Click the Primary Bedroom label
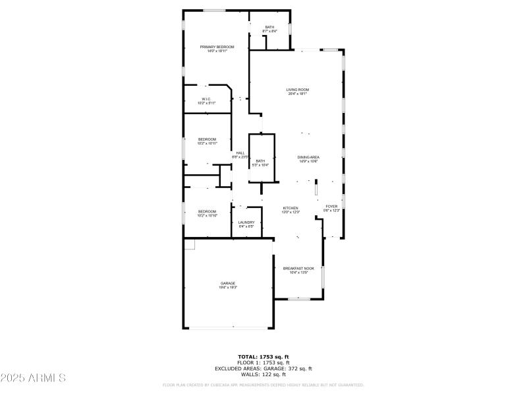click(217, 47)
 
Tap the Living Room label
click(298, 90)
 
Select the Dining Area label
click(308, 157)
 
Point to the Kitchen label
click(291, 208)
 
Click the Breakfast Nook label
click(298, 268)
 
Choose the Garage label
click(228, 283)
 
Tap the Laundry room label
click(246, 222)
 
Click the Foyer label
click(331, 207)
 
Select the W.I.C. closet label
click(206, 100)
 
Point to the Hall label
click(240, 153)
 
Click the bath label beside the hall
click(261, 161)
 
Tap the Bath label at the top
click(269, 27)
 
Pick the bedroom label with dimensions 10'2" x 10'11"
click(208, 139)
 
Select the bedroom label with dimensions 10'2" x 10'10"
click(208, 211)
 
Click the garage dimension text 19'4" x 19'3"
click(228, 288)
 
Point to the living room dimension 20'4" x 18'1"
click(298, 94)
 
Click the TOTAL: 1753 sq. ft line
click(263, 357)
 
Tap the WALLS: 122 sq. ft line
click(263, 374)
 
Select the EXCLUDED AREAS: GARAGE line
click(263, 368)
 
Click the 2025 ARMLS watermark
click(33, 378)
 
